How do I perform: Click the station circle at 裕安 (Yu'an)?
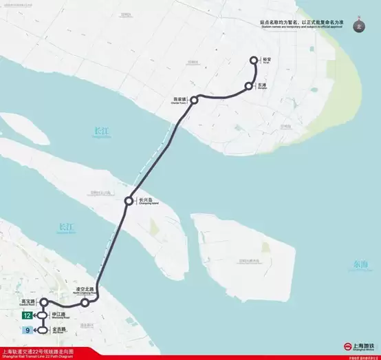tap(254, 61)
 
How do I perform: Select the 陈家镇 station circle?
tap(195, 100)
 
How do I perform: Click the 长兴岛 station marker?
tap(129, 201)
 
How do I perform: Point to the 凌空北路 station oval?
tap(85, 303)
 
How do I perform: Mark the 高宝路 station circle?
tap(43, 302)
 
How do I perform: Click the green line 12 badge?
tap(27, 316)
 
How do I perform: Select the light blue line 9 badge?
tap(27, 330)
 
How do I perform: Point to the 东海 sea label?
tap(361, 264)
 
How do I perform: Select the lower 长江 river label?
tap(66, 227)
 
